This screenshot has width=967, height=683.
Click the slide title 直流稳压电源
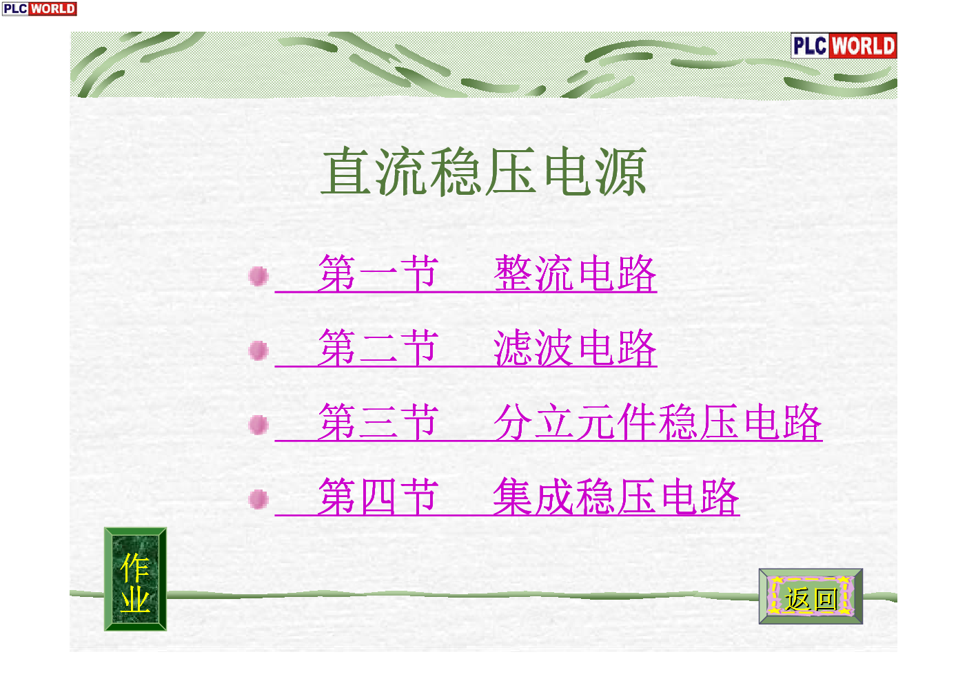484,171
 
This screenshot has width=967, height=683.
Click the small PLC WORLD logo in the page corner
39,9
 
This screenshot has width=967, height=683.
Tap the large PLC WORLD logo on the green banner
844,45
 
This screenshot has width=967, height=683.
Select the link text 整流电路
575,273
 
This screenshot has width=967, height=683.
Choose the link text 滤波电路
575,348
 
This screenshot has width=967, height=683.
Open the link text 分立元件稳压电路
658,422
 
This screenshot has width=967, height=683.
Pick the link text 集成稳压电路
616,496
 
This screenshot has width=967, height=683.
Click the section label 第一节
378,273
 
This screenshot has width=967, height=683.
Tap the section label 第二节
378,348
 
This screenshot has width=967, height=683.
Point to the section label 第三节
378,422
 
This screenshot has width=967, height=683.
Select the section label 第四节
378,496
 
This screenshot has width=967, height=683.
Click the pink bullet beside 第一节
258,276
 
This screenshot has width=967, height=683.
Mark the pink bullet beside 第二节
258,350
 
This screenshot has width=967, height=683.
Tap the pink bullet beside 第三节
258,425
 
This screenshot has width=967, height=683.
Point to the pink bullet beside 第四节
258,500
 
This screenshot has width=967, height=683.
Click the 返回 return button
811,596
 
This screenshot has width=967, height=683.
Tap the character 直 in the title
346,171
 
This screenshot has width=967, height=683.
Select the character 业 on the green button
135,600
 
